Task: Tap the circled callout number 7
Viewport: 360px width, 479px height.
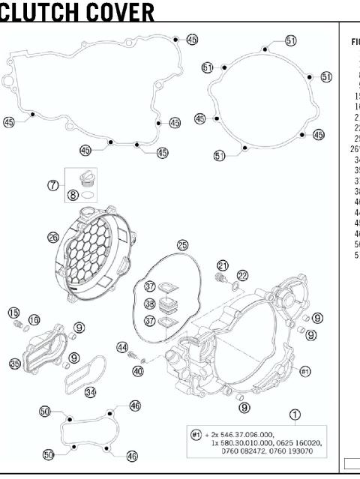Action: pyautogui.click(x=53, y=185)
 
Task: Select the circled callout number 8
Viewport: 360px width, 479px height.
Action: pyautogui.click(x=73, y=195)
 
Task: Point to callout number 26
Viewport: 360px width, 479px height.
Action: pyautogui.click(x=53, y=237)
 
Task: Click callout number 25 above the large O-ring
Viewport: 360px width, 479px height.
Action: pyautogui.click(x=183, y=245)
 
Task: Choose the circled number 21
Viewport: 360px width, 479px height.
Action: pyautogui.click(x=223, y=265)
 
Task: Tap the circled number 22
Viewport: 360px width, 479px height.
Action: pyautogui.click(x=242, y=276)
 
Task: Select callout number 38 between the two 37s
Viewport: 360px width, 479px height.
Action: pyautogui.click(x=150, y=304)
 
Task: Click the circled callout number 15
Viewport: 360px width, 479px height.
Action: pyautogui.click(x=13, y=312)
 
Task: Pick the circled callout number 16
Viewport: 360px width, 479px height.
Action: pyautogui.click(x=34, y=320)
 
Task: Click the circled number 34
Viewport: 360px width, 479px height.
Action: pyautogui.click(x=90, y=391)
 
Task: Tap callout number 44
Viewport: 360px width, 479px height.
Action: pyautogui.click(x=122, y=346)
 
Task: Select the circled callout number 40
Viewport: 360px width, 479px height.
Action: pyautogui.click(x=138, y=370)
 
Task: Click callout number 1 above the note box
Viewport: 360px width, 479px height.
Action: pyautogui.click(x=295, y=414)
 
